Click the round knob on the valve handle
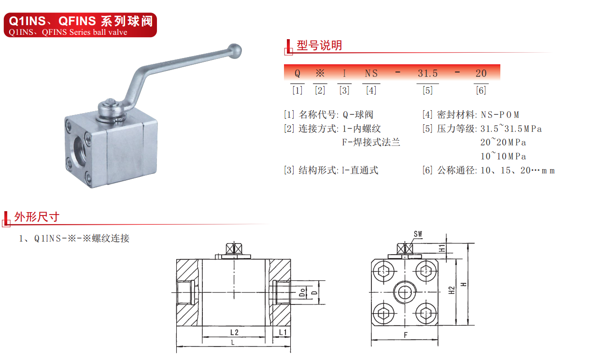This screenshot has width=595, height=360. coord(235,51)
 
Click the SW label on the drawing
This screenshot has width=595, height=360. coord(418,234)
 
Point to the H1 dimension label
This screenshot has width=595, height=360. coord(442,248)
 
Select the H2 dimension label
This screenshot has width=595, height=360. coord(451,290)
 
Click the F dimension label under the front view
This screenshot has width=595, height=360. coord(406,335)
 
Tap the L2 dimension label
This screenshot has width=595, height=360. coord(234,332)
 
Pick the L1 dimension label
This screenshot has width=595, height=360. coord(283,332)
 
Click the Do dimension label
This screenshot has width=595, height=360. coord(302,292)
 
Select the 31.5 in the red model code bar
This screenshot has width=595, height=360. coord(428,73)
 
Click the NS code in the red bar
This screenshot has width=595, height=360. coord(371,73)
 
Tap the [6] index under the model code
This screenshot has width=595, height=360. coord(481,90)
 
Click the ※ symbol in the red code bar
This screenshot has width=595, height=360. coord(320,73)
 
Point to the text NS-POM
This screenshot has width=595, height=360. coord(500,115)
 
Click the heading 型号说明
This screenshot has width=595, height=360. coord(319,45)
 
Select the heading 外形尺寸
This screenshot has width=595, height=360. coord(37,217)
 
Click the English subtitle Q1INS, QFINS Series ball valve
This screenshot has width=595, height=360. coord(68,32)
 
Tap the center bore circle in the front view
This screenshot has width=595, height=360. coord(405,292)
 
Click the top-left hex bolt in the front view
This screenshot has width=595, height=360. coord(383,272)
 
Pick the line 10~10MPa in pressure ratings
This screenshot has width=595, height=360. coord(503,156)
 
